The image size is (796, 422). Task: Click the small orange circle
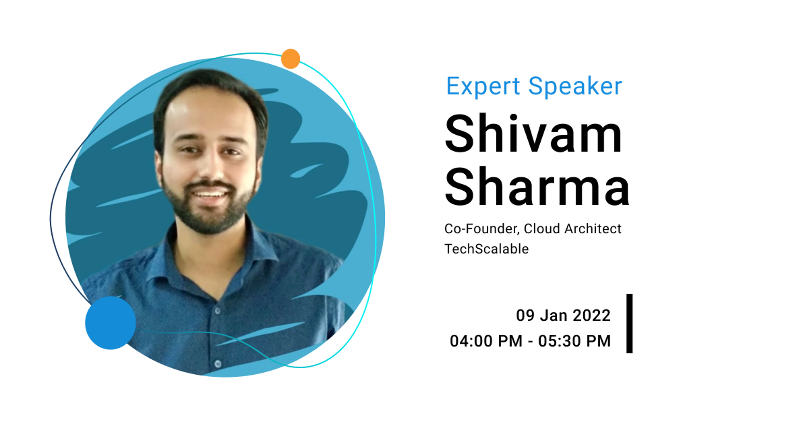291,59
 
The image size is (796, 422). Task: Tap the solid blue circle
110,323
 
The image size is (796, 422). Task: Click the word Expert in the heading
483,86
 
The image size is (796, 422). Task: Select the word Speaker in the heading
575,86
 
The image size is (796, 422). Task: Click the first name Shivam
533,133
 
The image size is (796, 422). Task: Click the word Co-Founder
481,229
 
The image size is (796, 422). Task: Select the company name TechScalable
487,249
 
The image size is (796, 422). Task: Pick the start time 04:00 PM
486,341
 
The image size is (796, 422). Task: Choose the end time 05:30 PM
574,341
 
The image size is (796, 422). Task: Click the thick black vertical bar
629,323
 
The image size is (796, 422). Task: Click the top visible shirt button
217,311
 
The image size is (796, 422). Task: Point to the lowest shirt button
218,364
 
